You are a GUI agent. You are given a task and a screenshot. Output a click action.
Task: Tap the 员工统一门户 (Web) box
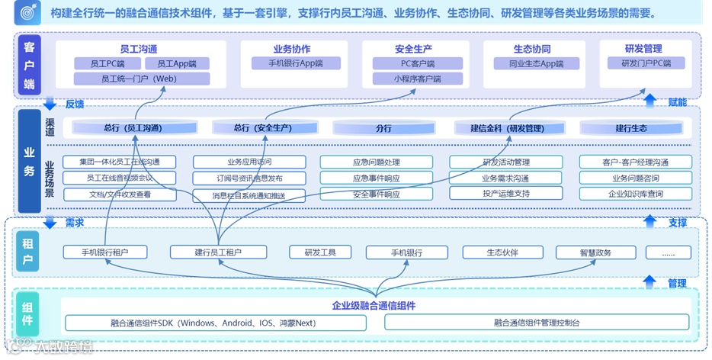[x=141, y=79]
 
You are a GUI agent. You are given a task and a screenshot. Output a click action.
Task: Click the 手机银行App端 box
[x=295, y=64]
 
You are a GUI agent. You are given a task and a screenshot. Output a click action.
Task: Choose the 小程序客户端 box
[x=417, y=79]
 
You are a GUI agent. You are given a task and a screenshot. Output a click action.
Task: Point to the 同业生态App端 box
[x=542, y=64]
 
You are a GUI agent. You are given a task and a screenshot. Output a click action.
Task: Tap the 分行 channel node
[x=383, y=129]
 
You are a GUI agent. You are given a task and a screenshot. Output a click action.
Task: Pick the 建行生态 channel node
[x=630, y=129]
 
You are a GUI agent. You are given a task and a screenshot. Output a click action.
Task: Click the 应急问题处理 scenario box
[x=376, y=162]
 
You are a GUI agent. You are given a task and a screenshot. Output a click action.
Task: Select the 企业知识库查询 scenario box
[x=635, y=194]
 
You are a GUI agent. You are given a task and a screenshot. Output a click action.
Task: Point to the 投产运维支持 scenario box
[x=505, y=194]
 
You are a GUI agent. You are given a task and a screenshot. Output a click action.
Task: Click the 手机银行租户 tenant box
[x=104, y=252]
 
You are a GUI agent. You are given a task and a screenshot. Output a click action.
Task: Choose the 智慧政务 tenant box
[x=595, y=252]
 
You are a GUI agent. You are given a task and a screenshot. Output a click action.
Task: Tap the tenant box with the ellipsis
[x=668, y=252]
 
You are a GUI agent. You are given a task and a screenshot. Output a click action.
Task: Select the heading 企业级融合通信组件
[x=374, y=306]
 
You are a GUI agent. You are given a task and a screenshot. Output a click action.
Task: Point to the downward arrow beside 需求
[x=50, y=223]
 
